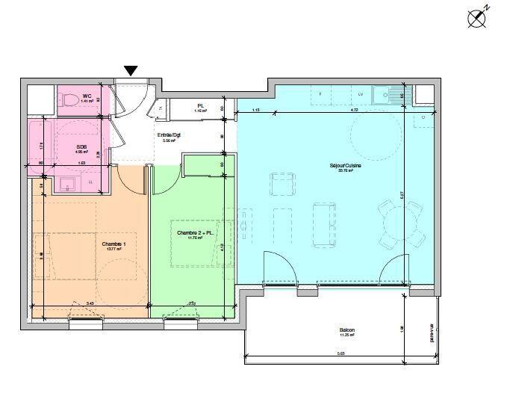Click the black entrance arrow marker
[x=131, y=71]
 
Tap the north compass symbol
[x=477, y=18]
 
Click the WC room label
[x=87, y=96]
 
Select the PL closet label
[x=200, y=106]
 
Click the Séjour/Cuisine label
[x=345, y=166]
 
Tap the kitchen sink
[x=388, y=95]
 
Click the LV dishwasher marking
[x=360, y=94]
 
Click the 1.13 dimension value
[x=255, y=110]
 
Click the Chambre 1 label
[x=113, y=244]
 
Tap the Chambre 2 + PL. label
[x=196, y=232]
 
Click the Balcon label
[x=346, y=330]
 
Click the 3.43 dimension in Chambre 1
[x=90, y=303]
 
